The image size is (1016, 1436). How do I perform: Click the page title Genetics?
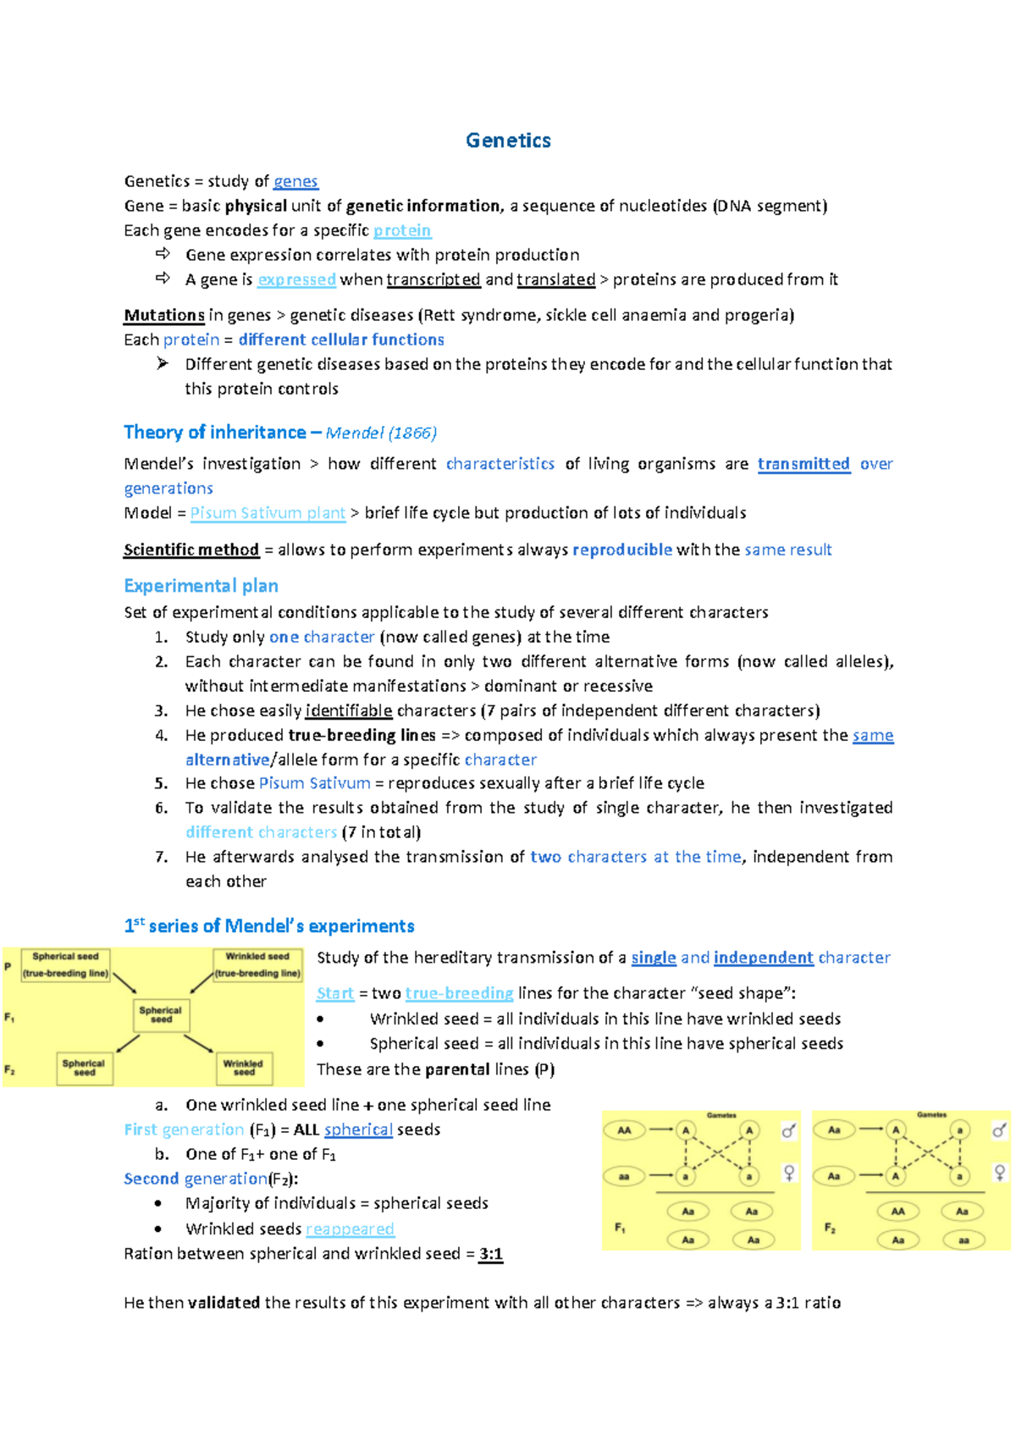(x=508, y=141)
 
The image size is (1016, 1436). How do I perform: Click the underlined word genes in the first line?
(x=295, y=181)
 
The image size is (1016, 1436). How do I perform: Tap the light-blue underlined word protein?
(x=402, y=230)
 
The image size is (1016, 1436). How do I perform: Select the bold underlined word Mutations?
(x=164, y=315)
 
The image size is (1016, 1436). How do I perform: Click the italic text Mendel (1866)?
(x=381, y=433)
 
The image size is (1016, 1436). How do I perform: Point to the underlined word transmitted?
(x=803, y=464)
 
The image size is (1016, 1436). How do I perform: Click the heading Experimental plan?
(x=201, y=586)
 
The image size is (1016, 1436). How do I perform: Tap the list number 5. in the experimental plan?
(x=162, y=783)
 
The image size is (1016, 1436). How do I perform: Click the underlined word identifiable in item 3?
(x=349, y=710)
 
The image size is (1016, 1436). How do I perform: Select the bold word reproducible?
(x=622, y=550)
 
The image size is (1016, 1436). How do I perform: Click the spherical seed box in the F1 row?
(x=161, y=1014)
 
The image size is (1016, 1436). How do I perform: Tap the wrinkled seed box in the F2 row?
(x=244, y=1068)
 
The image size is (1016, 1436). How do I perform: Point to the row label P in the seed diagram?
(x=8, y=966)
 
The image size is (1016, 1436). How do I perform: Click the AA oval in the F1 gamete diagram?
(x=624, y=1130)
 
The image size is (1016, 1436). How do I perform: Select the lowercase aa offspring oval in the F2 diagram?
(x=963, y=1240)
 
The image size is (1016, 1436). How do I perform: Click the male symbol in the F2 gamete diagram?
(x=1000, y=1130)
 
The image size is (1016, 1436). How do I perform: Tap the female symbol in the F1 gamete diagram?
(x=789, y=1173)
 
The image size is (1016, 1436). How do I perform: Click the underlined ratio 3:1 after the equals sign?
(x=491, y=1254)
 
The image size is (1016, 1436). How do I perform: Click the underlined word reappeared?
(x=350, y=1229)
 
